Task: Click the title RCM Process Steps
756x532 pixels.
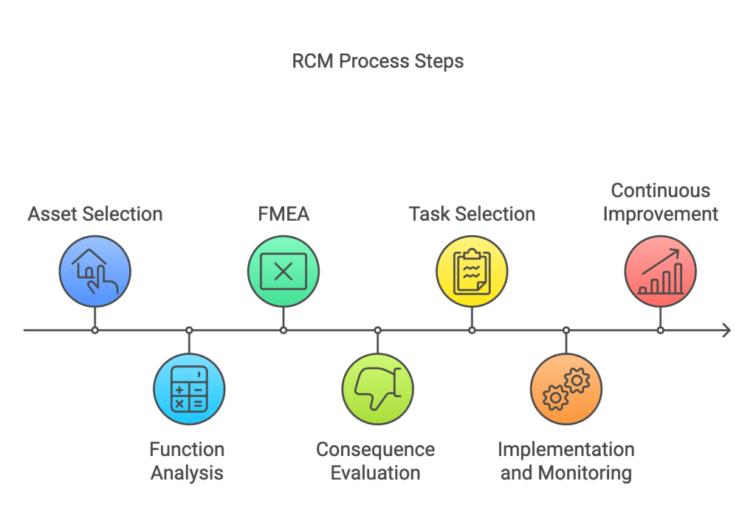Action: coord(377,61)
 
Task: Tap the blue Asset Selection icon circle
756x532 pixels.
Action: coord(95,271)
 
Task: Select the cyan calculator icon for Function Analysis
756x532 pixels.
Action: coord(189,389)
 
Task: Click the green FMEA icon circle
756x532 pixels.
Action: coord(283,271)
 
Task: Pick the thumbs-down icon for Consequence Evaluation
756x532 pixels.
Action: coord(377,389)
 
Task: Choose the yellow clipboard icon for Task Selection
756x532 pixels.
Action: coord(472,271)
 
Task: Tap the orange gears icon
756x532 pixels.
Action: coord(566,389)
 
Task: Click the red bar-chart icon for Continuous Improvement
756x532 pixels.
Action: coord(660,271)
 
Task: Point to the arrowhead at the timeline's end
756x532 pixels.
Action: coord(726,330)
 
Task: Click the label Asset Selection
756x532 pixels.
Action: coord(95,215)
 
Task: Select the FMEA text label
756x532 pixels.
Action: coord(283,215)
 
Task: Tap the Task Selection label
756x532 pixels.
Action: coord(472,215)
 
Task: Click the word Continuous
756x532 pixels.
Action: coord(660,191)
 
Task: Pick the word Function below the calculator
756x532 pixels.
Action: coord(187,449)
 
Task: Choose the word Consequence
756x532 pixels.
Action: coord(375,449)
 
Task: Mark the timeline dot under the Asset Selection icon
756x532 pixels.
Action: coord(95,330)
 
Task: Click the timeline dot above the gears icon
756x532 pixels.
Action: coord(566,330)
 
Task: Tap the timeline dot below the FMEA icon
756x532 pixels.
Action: coord(283,330)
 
